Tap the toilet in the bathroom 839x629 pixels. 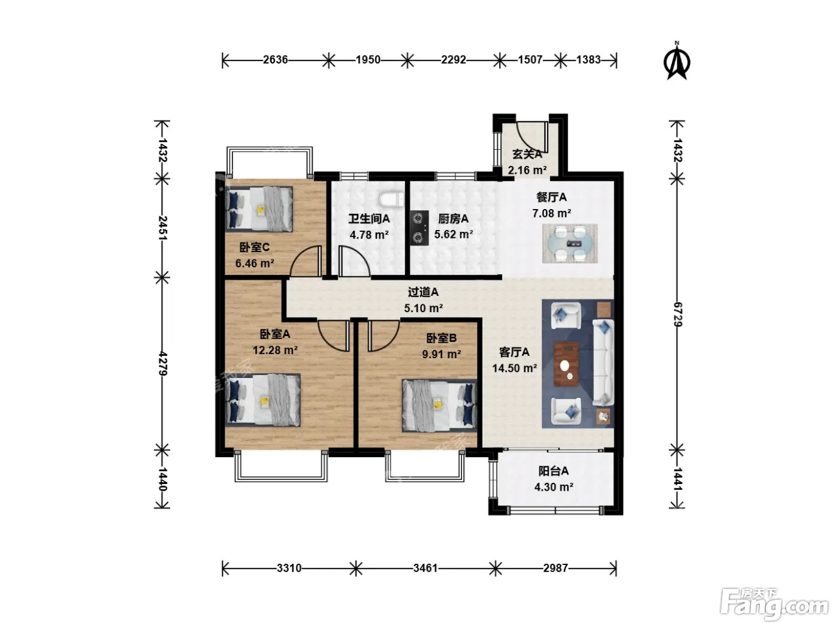click(x=391, y=199)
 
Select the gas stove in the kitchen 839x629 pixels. click(x=419, y=228)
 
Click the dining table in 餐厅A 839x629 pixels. click(x=569, y=243)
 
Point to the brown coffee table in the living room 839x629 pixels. click(x=566, y=364)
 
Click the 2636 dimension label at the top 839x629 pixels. click(x=275, y=60)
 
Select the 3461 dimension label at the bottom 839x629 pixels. click(x=425, y=568)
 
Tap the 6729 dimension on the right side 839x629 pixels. click(x=677, y=314)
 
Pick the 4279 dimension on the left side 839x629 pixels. click(x=162, y=364)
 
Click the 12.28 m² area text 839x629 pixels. click(x=275, y=350)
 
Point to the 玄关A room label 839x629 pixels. click(x=527, y=155)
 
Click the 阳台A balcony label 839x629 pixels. click(x=554, y=471)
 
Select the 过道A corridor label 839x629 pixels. click(x=423, y=292)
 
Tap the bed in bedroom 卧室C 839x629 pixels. click(x=259, y=209)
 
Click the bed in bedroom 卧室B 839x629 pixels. click(x=439, y=406)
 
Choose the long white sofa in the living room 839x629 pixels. click(x=603, y=362)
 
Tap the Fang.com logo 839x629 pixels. click(x=774, y=604)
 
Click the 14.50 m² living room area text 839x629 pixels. click(x=514, y=368)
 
